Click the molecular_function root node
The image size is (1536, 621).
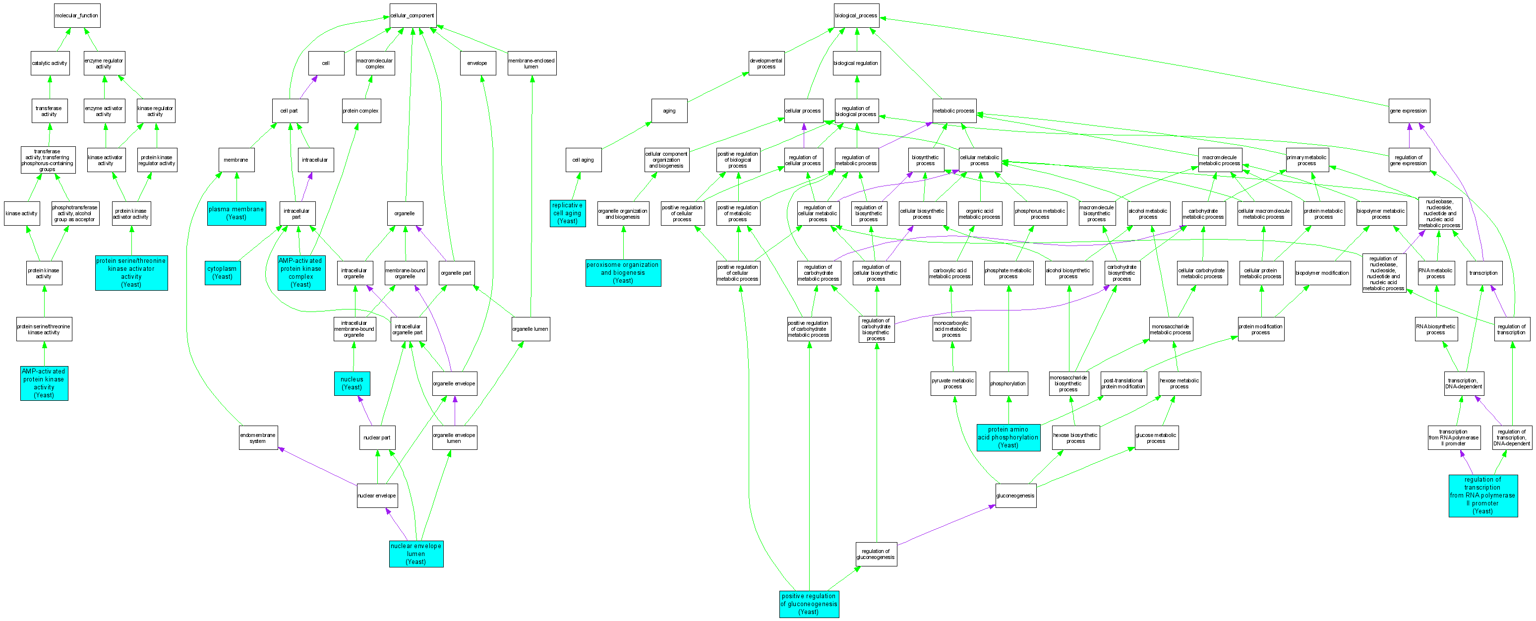click(77, 15)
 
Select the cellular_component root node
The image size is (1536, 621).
click(412, 15)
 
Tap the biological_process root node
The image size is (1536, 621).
click(856, 15)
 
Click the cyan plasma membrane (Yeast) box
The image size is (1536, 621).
click(236, 213)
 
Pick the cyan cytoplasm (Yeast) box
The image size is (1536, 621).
click(223, 273)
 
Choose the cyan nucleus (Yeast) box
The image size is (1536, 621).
click(352, 383)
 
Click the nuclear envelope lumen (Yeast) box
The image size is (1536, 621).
click(415, 554)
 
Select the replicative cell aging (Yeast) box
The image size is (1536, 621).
click(567, 213)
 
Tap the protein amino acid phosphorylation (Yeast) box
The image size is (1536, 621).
click(1007, 437)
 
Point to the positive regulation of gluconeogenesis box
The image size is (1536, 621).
click(809, 604)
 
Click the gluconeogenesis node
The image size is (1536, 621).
click(1015, 496)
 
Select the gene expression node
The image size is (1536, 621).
click(1409, 111)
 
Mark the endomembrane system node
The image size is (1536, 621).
click(258, 438)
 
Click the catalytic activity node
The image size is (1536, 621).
click(50, 63)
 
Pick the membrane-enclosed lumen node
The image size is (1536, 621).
click(532, 63)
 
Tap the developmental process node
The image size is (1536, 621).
click(766, 63)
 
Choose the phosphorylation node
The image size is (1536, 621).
click(1007, 383)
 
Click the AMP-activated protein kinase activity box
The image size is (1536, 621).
click(44, 383)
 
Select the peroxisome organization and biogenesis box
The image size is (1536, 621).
click(623, 273)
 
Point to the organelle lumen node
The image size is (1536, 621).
click(530, 329)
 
